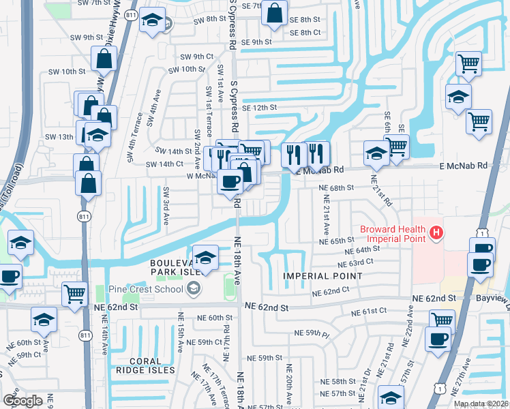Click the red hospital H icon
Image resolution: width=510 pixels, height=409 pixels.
(x=436, y=234)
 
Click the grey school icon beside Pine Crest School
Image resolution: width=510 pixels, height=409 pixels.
(x=194, y=289)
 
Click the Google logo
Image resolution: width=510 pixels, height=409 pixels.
(x=23, y=400)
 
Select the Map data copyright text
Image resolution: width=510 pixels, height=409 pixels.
(x=481, y=404)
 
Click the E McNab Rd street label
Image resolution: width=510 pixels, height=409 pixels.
(x=463, y=166)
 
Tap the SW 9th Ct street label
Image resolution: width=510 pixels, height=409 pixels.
(x=197, y=57)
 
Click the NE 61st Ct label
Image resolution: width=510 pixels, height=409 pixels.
(x=369, y=312)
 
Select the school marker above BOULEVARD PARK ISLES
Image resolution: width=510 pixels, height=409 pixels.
(x=205, y=258)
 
